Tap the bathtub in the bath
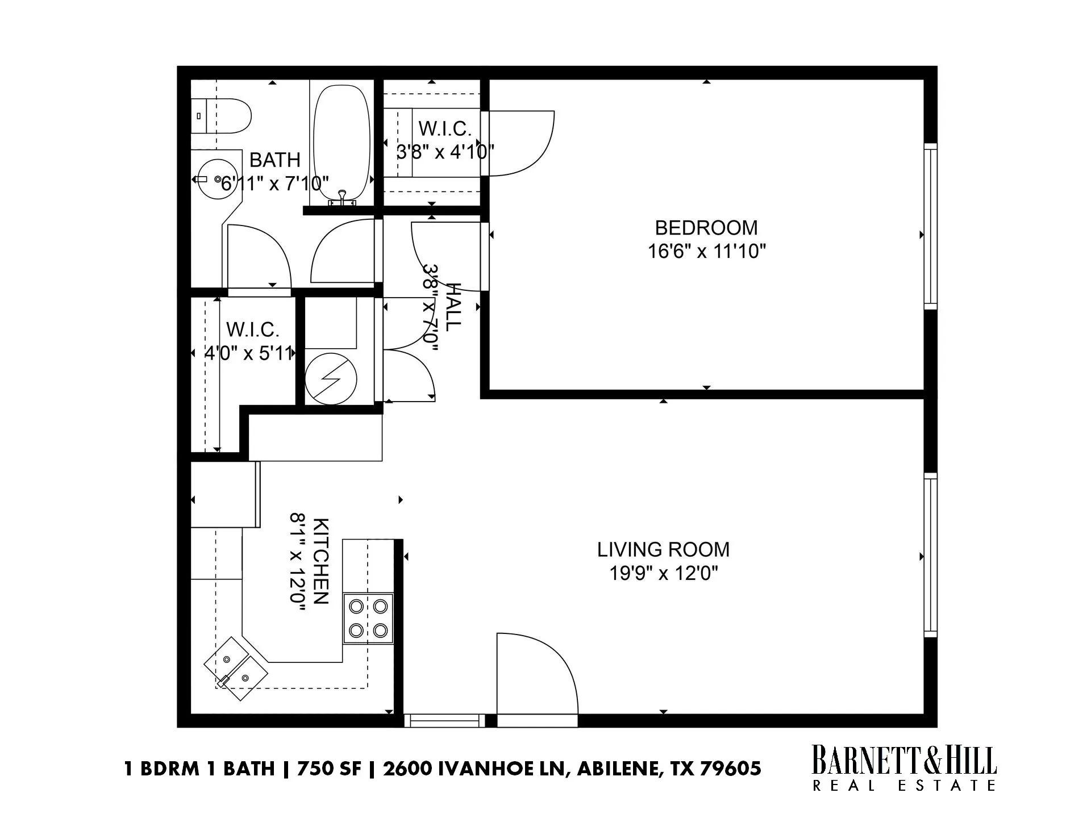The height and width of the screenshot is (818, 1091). [x=342, y=144]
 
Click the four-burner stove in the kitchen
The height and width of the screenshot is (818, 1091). [x=368, y=619]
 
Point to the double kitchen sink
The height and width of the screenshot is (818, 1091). [x=236, y=669]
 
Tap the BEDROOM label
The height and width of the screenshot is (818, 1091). [x=706, y=228]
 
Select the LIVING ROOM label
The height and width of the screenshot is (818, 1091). [x=663, y=549]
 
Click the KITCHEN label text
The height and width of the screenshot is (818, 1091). [x=321, y=561]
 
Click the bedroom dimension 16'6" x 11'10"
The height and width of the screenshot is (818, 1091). [x=707, y=251]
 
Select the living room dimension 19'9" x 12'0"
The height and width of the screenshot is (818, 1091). [x=664, y=574]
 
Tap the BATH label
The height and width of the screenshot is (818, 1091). [x=275, y=160]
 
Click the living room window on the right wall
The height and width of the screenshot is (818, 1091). [x=930, y=555]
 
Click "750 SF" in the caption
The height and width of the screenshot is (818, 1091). [x=329, y=769]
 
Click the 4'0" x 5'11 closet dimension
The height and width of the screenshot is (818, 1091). [x=248, y=353]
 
